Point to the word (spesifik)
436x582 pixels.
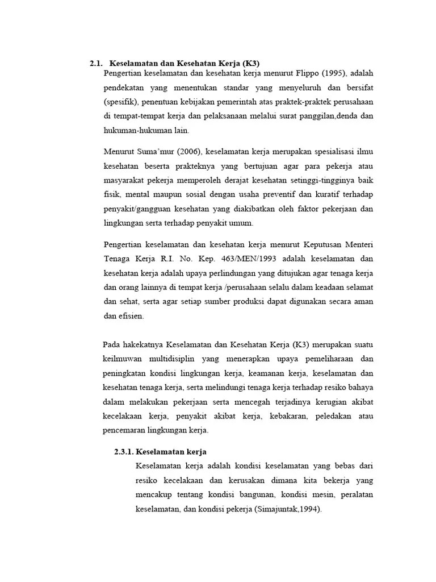point(121,102)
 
